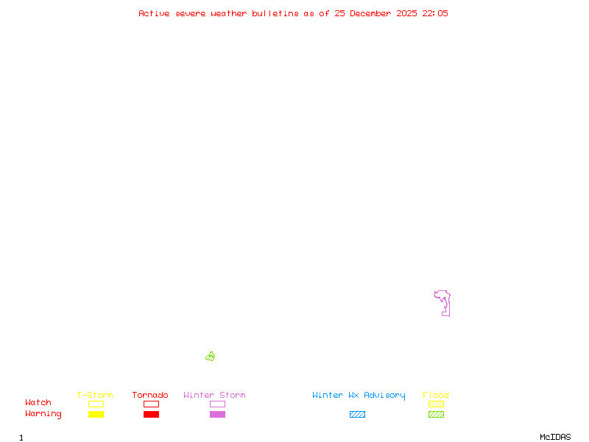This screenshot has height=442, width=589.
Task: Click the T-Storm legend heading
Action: (95, 396)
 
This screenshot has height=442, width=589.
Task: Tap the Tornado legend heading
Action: (150, 396)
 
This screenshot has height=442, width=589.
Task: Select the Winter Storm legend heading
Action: (214, 396)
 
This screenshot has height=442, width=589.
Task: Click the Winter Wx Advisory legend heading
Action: (359, 396)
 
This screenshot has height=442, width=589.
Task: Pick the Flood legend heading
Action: (436, 396)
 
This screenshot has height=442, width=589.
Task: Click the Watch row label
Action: (38, 403)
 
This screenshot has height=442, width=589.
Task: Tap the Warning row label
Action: (43, 414)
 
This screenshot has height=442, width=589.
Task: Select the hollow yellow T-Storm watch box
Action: (96, 404)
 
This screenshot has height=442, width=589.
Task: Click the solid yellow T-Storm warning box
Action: (96, 415)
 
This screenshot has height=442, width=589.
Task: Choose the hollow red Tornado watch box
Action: (151, 404)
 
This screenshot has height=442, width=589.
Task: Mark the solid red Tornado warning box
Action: (151, 415)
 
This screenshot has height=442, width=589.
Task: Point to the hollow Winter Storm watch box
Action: (217, 404)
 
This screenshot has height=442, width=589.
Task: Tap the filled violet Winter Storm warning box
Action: (217, 415)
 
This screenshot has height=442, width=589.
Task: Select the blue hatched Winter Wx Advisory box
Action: (357, 415)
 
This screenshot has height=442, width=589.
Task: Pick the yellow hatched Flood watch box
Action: (436, 404)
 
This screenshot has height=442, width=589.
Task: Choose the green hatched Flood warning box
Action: (436, 415)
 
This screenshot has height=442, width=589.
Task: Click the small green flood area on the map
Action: (211, 357)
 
